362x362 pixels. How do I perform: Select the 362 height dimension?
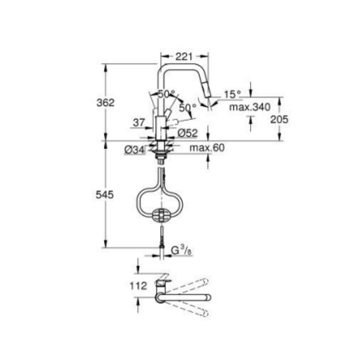tap(105, 103)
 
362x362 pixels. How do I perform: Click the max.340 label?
tap(250, 107)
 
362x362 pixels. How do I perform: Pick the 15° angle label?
tap(233, 94)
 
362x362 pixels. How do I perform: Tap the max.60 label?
tap(207, 148)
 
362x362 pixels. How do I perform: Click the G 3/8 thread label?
tap(181, 250)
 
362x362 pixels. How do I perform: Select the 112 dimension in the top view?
tap(138, 285)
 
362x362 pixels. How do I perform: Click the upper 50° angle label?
tap(166, 94)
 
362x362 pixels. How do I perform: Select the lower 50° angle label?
tap(188, 108)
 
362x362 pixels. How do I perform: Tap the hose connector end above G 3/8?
tap(161, 238)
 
